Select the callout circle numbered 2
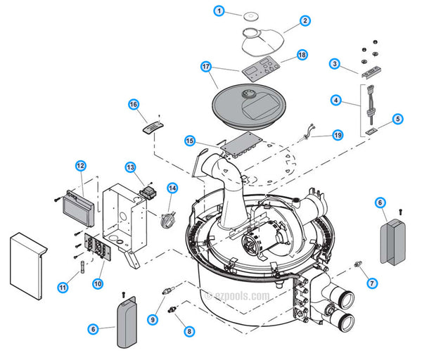[305, 20]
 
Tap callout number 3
[335, 64]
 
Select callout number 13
[130, 167]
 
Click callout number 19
[337, 134]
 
